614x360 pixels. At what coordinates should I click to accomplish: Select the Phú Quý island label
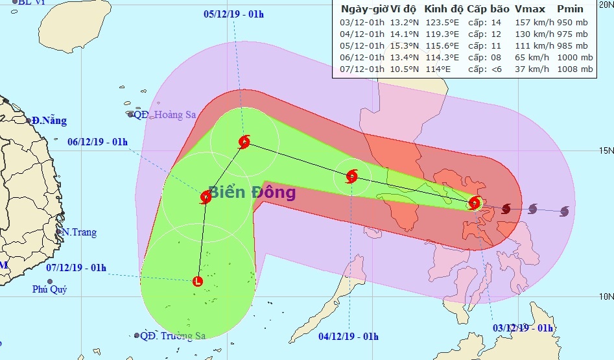point(49,289)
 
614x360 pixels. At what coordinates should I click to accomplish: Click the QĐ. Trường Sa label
point(172,336)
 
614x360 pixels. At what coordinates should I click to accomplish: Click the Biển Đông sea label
point(252,193)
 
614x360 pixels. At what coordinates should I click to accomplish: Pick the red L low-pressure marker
point(198,282)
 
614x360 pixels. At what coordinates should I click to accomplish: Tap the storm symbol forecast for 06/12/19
point(206,197)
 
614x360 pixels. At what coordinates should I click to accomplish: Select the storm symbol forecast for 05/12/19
point(244,142)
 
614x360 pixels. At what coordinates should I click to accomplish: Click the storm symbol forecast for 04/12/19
point(351,176)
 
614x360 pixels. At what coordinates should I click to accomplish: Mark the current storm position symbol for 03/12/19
point(475,204)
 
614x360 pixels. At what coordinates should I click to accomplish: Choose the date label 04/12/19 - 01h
point(349,337)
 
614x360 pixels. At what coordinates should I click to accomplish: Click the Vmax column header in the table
point(530,10)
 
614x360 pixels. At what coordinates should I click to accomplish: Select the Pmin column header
point(569,10)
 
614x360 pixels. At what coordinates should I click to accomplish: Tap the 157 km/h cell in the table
point(531,22)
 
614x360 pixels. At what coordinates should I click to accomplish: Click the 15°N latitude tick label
point(604,151)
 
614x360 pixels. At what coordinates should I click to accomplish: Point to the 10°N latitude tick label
point(604,296)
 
